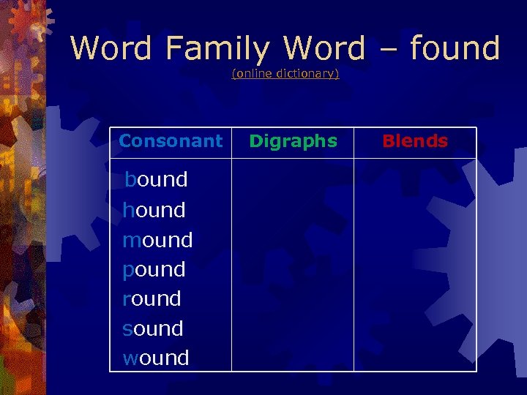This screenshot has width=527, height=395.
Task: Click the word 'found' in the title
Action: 455,48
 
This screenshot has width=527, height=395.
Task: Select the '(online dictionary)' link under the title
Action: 285,74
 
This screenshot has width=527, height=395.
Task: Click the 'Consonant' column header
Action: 171,141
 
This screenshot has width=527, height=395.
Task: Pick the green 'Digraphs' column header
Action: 293,141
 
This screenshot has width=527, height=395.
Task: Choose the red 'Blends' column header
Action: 414,141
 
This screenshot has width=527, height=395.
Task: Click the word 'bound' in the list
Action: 156,179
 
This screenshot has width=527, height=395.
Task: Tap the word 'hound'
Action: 154,210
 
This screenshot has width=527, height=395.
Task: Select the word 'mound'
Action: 157,240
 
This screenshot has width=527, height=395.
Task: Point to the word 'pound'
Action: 154,269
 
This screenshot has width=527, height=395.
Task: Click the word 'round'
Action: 152,298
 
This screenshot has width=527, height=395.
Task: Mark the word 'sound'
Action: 152,328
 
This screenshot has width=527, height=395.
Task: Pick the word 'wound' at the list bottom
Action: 155,358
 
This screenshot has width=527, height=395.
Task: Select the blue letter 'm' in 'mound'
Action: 132,241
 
